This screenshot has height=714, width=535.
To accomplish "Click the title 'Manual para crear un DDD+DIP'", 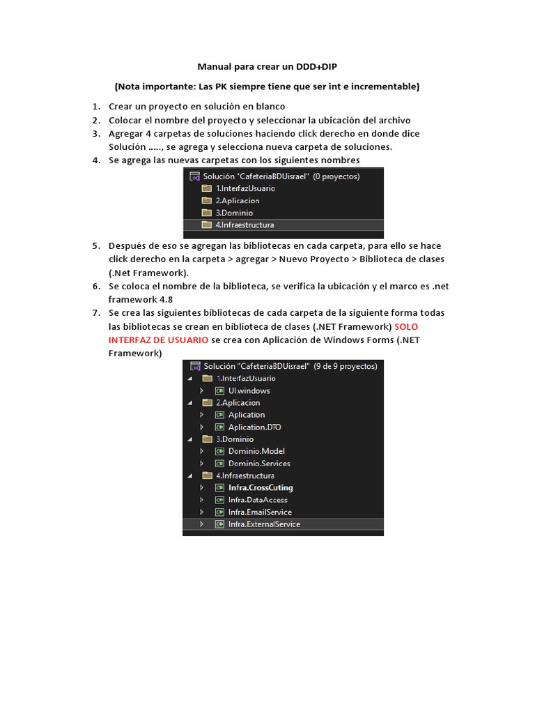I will (x=267, y=67).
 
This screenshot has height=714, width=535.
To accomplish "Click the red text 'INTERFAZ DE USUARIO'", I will (x=158, y=340).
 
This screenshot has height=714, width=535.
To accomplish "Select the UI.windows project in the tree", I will (x=249, y=390).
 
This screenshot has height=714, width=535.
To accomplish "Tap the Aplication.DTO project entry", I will (x=254, y=427).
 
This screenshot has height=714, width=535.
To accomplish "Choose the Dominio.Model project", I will (x=256, y=451).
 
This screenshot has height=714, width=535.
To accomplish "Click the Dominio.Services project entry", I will (x=258, y=464).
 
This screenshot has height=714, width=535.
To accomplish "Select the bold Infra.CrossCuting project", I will (x=260, y=487).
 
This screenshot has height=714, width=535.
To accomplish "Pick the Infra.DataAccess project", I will (x=257, y=500).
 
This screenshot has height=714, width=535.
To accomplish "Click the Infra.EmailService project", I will (x=260, y=512).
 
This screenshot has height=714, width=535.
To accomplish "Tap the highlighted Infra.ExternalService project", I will (x=264, y=524).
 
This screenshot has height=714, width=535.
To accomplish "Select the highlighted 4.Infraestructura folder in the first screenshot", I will (x=244, y=225).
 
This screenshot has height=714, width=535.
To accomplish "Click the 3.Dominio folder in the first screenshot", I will (x=234, y=213).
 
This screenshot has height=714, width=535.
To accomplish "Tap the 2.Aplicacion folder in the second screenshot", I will (x=238, y=402).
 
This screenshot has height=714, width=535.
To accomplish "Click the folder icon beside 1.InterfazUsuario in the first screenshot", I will (x=206, y=188).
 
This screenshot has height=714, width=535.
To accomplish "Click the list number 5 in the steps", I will (x=95, y=246).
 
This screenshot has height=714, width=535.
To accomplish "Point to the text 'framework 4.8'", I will (x=140, y=299).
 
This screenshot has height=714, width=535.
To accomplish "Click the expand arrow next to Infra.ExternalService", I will (x=201, y=524).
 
